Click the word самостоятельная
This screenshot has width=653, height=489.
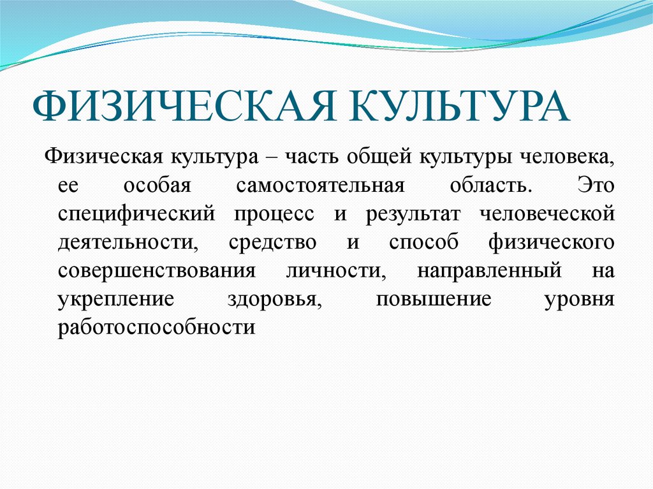(x=320, y=186)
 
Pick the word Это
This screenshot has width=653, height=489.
(x=596, y=186)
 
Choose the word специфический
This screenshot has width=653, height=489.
(x=136, y=214)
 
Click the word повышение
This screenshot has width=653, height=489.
(x=434, y=300)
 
